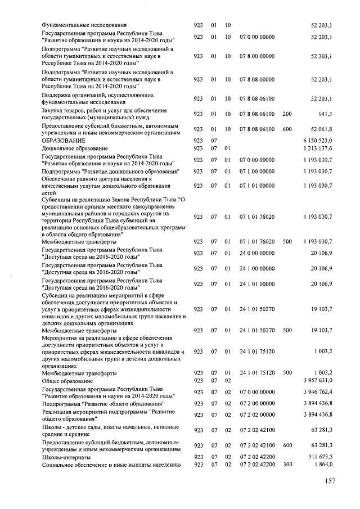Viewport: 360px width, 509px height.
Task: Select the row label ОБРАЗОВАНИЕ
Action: (x=64, y=140)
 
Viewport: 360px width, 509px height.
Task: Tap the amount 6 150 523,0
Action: (x=318, y=140)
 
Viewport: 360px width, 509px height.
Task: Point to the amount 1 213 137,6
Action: (x=318, y=148)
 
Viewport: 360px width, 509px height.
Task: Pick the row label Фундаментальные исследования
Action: (x=84, y=25)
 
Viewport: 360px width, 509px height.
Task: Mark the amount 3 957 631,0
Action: (x=318, y=381)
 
